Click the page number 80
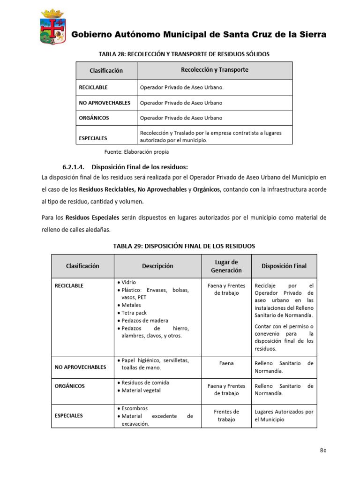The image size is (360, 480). click(x=323, y=450)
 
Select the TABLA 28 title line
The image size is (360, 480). click(x=184, y=54)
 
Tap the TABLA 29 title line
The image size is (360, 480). click(x=184, y=246)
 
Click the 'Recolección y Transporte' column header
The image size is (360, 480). click(x=214, y=70)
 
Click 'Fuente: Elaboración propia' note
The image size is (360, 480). click(x=136, y=152)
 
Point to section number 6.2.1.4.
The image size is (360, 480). click(x=75, y=167)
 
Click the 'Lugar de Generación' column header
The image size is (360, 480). click(x=226, y=266)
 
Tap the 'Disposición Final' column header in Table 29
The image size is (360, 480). click(x=284, y=266)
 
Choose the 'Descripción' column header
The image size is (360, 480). click(x=157, y=266)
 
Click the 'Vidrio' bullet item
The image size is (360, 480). click(x=128, y=283)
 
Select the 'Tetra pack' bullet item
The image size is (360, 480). click(x=134, y=313)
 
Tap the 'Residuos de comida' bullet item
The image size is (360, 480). click(x=145, y=382)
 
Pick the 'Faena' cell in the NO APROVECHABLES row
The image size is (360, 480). click(x=226, y=363)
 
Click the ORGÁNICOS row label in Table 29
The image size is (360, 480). click(x=70, y=386)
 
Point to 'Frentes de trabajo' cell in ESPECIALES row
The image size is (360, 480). click(x=226, y=415)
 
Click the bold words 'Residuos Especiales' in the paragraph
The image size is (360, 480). click(x=92, y=218)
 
